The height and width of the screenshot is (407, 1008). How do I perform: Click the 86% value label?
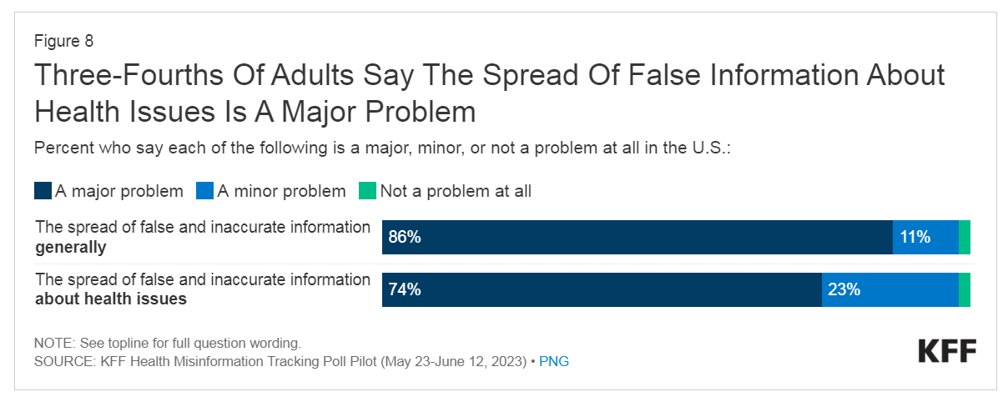405,238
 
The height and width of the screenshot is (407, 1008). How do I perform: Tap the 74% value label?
405,290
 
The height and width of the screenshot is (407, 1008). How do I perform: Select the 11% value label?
915,238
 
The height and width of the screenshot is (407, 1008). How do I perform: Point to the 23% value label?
844,290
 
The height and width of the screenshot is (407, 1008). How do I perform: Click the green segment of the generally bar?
965,238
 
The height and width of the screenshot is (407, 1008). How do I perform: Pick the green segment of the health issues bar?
965,290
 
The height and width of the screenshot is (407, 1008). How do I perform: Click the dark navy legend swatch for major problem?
43,191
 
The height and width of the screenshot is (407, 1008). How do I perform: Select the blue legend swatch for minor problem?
205,191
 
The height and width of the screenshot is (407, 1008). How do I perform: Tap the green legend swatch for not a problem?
368,191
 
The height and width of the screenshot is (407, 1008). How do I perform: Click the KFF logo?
947,351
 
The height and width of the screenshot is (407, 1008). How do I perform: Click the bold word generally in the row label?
70,247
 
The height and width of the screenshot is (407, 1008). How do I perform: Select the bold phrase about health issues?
111,299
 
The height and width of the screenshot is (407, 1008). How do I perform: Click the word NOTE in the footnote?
53,344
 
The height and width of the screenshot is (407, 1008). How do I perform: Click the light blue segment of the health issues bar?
890,290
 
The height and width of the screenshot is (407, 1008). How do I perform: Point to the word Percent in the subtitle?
61,148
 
